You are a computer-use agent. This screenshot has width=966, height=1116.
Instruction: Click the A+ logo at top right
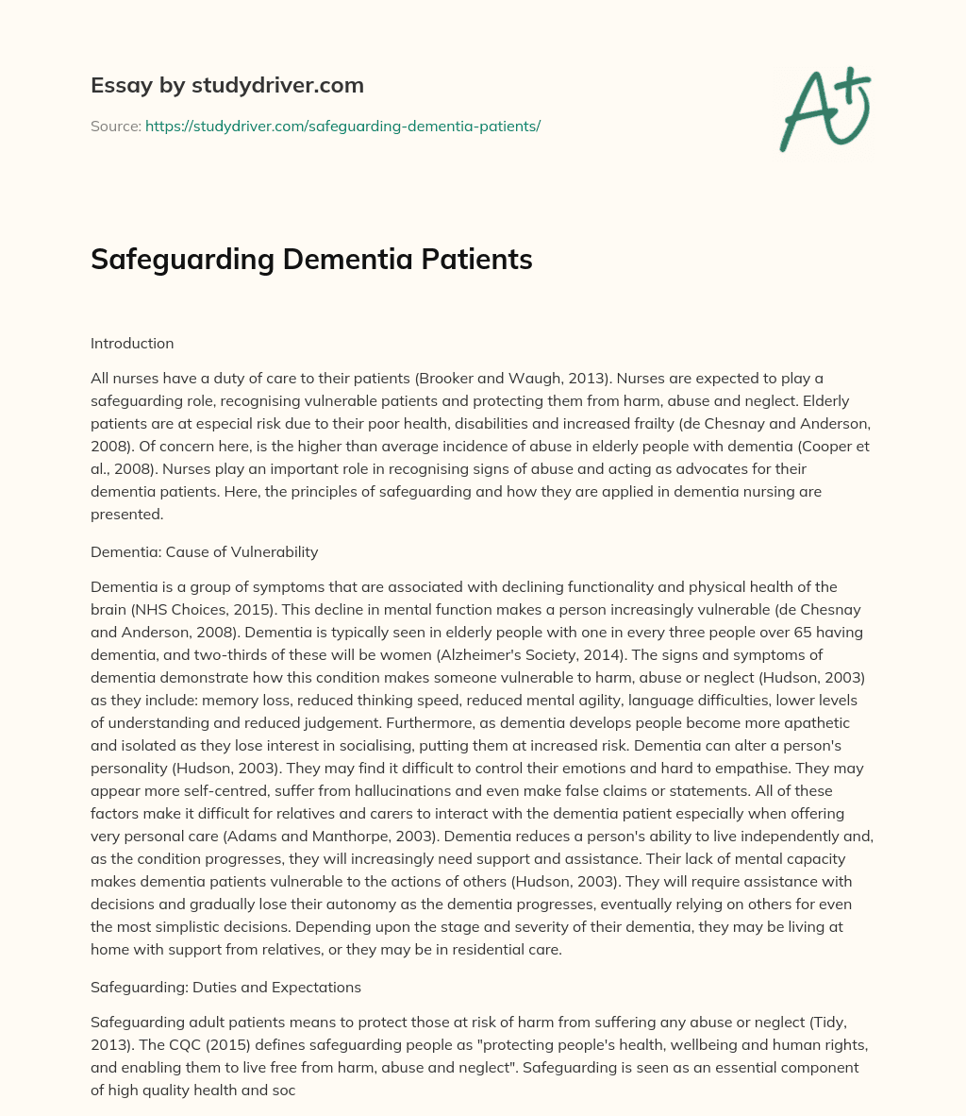point(824,110)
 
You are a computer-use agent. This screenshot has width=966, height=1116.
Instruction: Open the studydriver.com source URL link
point(342,126)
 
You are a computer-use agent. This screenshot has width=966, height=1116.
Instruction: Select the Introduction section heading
point(132,344)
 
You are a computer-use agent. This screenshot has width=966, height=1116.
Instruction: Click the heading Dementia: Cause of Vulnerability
point(204,552)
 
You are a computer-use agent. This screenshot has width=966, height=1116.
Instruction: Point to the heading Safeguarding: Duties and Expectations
point(225,987)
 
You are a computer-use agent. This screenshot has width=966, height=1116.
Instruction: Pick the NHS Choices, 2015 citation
point(193,609)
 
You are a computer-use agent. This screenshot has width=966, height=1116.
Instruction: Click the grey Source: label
point(115,126)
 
